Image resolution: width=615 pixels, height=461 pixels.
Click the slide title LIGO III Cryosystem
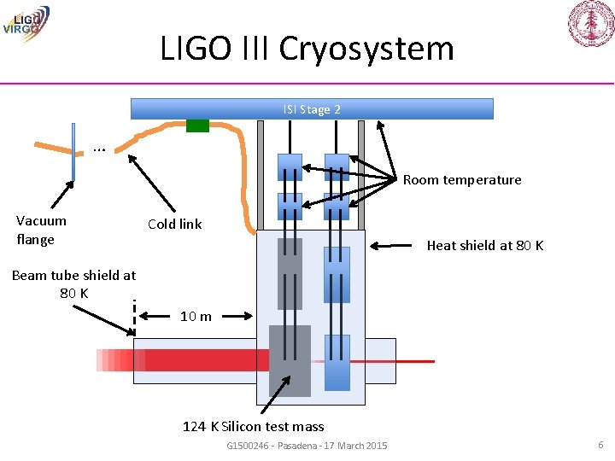click(307, 48)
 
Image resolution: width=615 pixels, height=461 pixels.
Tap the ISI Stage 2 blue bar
click(312, 109)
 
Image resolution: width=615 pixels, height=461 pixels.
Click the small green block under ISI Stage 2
click(197, 125)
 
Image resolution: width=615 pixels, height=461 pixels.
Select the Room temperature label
click(461, 179)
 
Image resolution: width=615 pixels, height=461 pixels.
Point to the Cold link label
click(174, 224)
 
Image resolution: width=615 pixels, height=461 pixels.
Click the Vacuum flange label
click(41, 230)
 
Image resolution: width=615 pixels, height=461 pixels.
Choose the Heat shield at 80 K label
click(484, 246)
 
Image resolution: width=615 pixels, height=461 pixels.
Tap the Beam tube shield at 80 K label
click(73, 283)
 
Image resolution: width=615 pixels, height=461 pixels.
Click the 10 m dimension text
click(196, 317)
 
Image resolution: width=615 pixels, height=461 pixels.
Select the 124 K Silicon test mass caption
click(254, 426)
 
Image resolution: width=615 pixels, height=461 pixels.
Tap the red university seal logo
click(591, 23)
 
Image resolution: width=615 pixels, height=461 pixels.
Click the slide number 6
click(600, 445)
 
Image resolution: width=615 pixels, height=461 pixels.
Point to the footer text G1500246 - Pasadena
click(307, 446)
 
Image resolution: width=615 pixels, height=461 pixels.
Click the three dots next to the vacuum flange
click(99, 149)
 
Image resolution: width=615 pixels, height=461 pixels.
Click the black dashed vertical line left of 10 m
click(135, 317)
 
